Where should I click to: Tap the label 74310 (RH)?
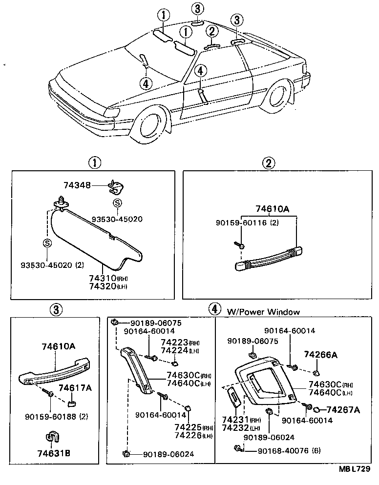107,278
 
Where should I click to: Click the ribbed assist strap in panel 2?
266,258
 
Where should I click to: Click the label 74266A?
320,354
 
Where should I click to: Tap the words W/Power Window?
263,312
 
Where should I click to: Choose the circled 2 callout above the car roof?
211,32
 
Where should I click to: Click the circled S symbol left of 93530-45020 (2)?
47,243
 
